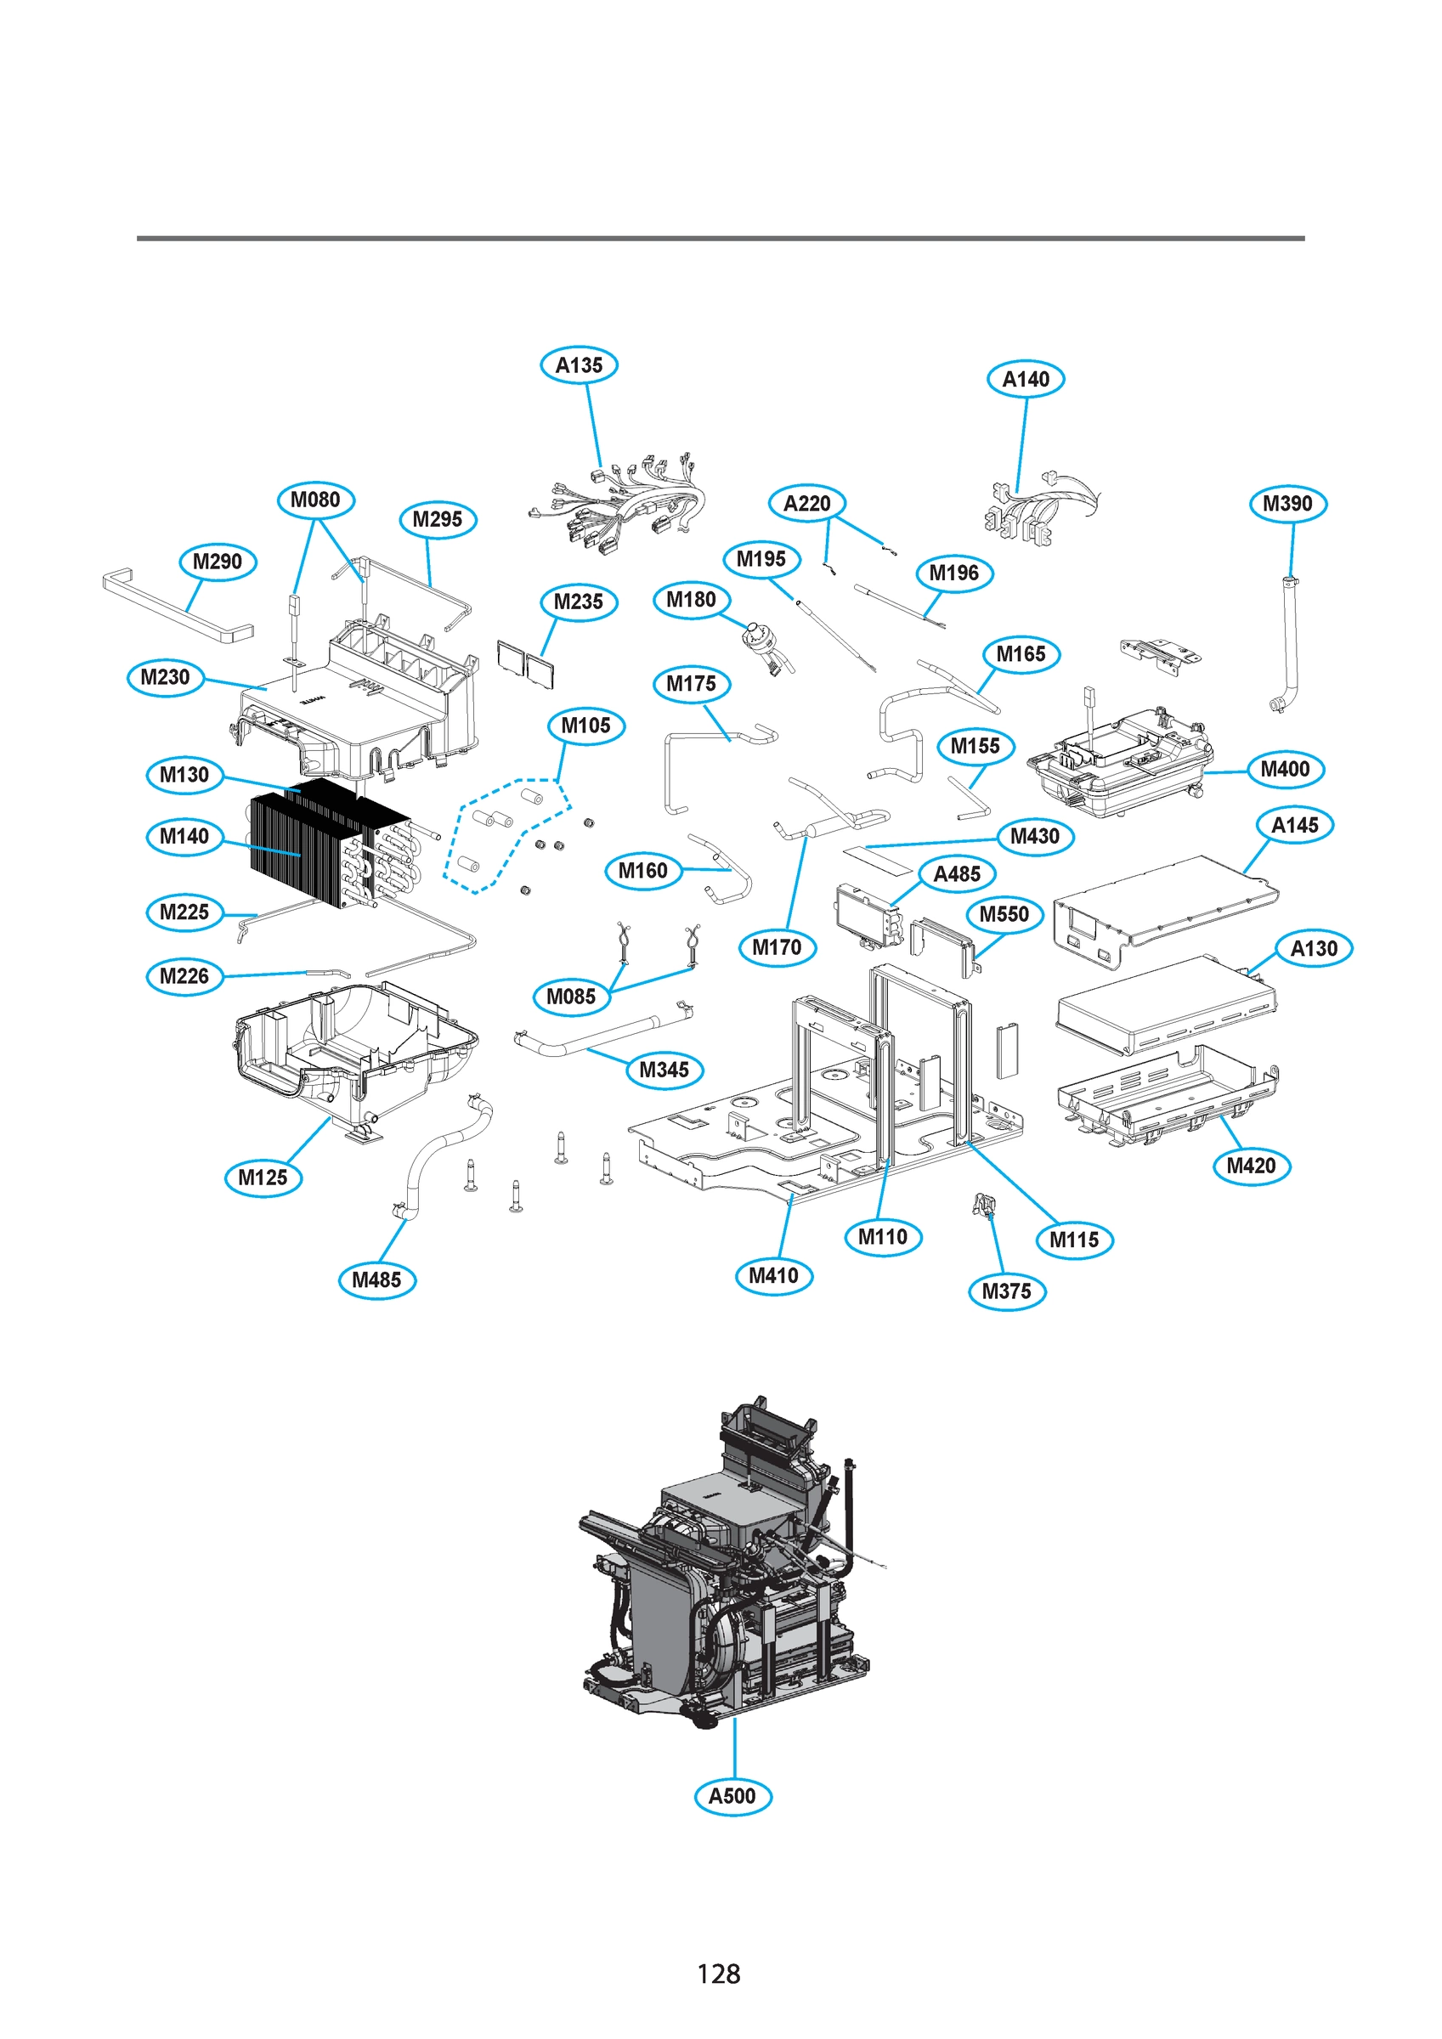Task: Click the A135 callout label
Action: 579,365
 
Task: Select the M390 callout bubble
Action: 1286,504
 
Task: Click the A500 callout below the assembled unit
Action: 732,1796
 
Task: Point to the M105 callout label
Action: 585,726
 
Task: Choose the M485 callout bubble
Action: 376,1279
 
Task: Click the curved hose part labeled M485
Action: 435,1155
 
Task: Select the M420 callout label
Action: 1250,1165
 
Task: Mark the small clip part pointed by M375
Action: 983,1205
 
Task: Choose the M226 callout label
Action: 184,976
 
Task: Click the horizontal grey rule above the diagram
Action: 720,238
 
